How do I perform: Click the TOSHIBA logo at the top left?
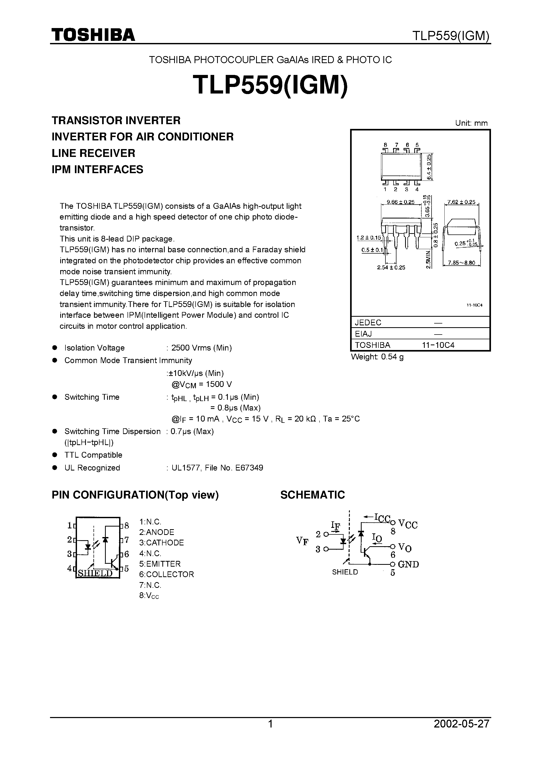pos(93,35)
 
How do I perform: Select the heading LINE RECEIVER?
pos(93,153)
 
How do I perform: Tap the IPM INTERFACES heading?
pos(97,169)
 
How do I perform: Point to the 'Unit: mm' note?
pos(471,123)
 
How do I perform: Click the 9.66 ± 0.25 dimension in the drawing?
pos(400,202)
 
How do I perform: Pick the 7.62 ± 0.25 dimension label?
pos(461,202)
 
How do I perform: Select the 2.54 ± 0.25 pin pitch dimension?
pos(391,267)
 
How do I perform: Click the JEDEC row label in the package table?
pos(368,322)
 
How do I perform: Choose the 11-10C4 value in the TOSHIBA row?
pos(438,345)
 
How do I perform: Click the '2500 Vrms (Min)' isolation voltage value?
pos(201,348)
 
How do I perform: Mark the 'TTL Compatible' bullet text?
pos(93,455)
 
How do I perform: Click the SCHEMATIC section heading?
pos(312,495)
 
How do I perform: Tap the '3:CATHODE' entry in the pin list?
pos(161,543)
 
